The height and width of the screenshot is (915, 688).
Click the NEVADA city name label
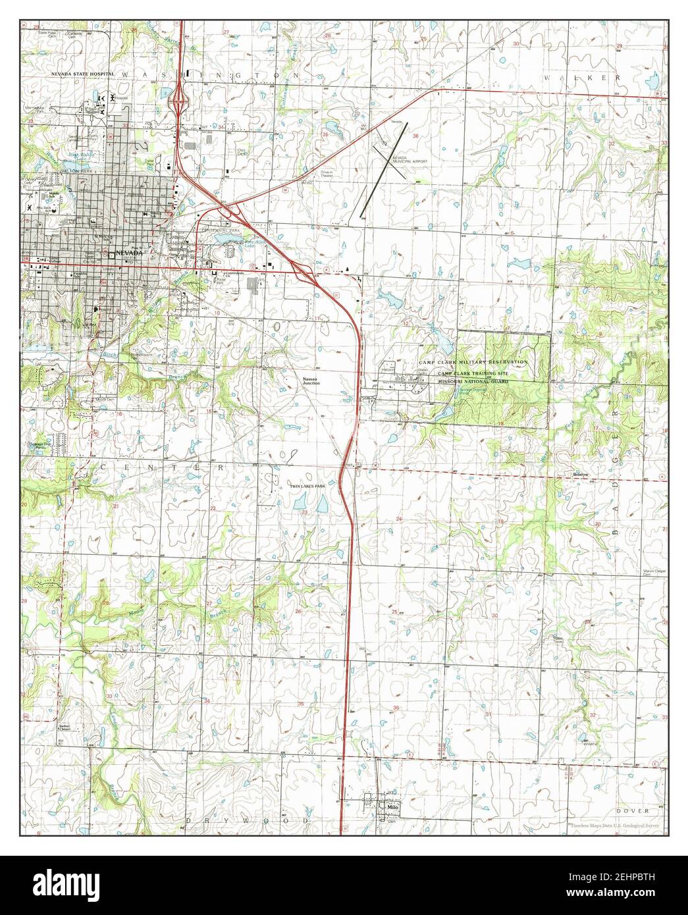coord(128,253)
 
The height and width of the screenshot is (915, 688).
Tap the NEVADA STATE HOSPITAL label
coord(84,74)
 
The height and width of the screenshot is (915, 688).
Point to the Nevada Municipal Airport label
coord(411,163)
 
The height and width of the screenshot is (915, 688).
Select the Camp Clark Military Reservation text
coord(477,363)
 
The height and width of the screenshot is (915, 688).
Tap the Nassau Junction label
coord(311,381)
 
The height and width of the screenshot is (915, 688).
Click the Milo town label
coord(394,806)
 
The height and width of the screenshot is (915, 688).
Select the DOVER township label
coord(633,810)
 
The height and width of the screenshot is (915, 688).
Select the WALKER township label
coord(582,78)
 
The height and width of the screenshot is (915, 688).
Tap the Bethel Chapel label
coord(65,729)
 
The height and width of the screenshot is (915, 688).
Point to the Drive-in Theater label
coord(312,175)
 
